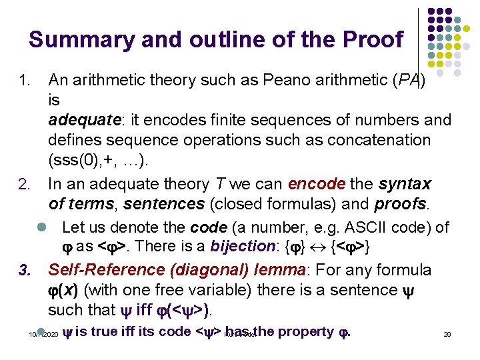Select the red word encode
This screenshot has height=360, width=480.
pos(317,183)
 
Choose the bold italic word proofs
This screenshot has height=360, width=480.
pos(402,203)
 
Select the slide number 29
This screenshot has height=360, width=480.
pos(447,333)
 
